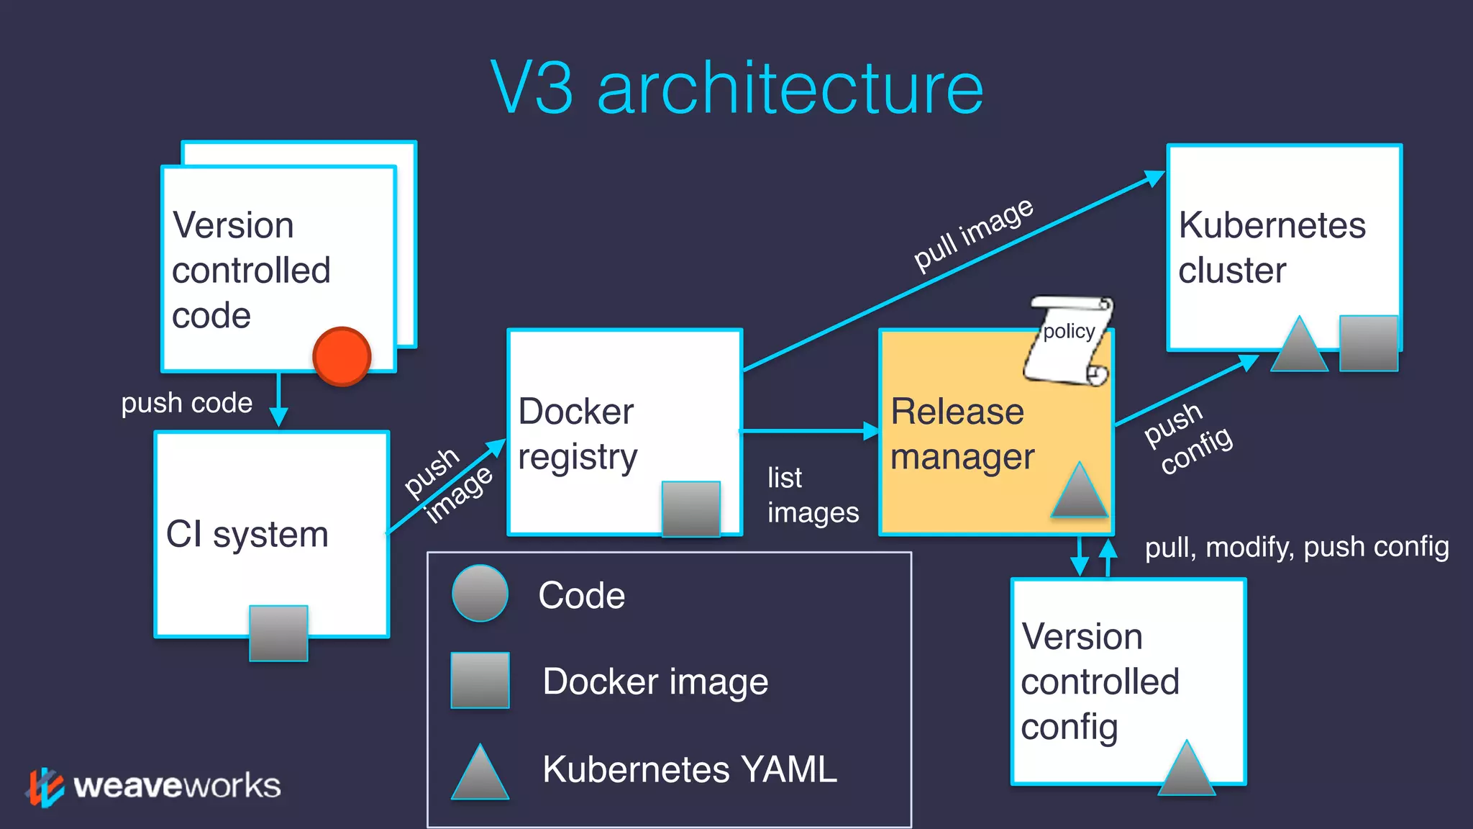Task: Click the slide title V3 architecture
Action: coord(736,88)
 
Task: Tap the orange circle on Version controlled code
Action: coord(342,356)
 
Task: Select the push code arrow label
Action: coord(186,403)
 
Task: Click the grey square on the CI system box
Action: coord(278,633)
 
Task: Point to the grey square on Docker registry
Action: coord(690,509)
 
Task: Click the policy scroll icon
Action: coord(1068,340)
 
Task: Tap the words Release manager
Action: coord(962,434)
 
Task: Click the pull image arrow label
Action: coord(973,235)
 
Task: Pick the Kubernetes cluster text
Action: coord(1271,248)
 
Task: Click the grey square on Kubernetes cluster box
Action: coord(1368,343)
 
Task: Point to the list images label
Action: coord(812,495)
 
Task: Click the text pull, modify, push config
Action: coord(1296,547)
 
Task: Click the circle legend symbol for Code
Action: coord(480,594)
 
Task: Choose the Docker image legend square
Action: coord(480,681)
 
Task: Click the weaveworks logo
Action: coord(155,786)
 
